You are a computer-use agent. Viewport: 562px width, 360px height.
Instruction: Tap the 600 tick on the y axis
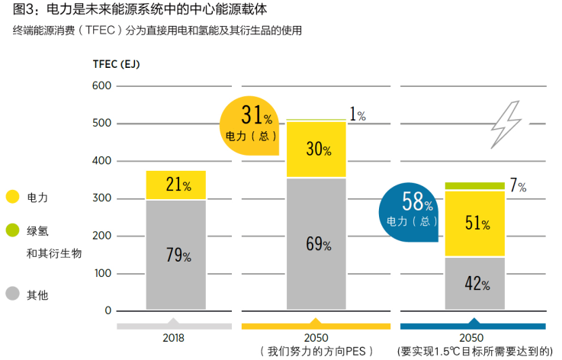point(102,86)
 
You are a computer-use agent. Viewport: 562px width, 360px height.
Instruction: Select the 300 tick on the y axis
point(102,198)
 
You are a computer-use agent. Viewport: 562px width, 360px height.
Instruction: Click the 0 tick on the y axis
point(108,310)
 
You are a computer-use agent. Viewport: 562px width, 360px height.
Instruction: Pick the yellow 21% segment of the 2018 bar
point(176,185)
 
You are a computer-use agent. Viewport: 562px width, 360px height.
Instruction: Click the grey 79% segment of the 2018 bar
point(176,255)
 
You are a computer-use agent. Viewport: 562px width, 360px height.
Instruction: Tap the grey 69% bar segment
point(316,244)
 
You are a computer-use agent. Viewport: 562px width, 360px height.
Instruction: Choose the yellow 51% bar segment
point(475,223)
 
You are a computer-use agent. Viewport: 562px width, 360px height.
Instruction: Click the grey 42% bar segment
point(475,283)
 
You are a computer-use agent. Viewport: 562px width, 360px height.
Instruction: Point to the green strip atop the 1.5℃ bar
point(475,185)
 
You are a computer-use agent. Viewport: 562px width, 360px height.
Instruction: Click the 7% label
point(518,185)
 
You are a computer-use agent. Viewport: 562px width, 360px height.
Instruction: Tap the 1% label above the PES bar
point(358,115)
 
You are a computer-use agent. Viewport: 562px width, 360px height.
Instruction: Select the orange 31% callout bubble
point(249,125)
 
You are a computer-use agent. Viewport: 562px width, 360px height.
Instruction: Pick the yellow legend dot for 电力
point(12,197)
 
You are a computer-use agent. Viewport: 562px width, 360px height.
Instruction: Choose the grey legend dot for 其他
point(12,293)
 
